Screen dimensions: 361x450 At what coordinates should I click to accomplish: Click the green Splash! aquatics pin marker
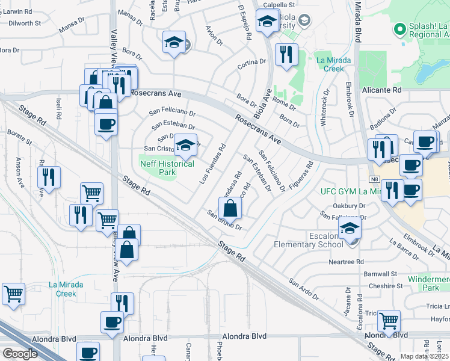pos(398,29)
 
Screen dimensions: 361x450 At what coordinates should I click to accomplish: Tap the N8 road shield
pos(374,179)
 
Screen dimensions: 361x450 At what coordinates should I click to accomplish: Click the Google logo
pos(20,354)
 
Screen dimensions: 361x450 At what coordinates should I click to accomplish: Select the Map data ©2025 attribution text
pos(424,356)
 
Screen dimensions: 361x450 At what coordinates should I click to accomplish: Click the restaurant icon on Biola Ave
pos(285,55)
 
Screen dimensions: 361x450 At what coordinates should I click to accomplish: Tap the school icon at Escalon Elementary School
pos(350,229)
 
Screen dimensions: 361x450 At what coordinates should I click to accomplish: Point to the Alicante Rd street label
pos(382,89)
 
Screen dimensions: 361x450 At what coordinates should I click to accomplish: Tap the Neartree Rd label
pos(347,262)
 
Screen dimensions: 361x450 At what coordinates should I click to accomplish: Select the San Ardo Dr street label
pos(304,289)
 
